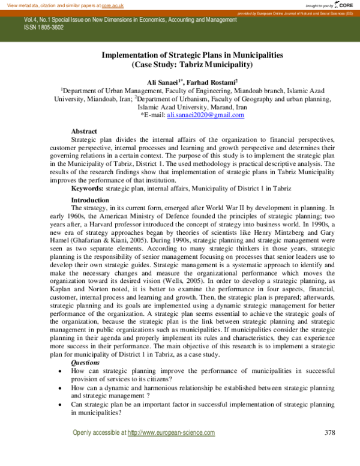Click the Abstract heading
(84, 131)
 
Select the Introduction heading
(90, 199)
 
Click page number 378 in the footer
(329, 432)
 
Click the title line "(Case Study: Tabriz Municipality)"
(192, 63)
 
